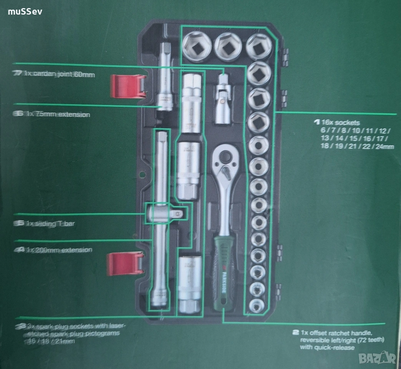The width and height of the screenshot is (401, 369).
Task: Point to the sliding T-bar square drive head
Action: coord(167,214)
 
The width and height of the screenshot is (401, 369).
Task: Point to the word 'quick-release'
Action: coord(338,347)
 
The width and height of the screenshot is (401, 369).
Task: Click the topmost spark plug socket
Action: coord(193,104)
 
